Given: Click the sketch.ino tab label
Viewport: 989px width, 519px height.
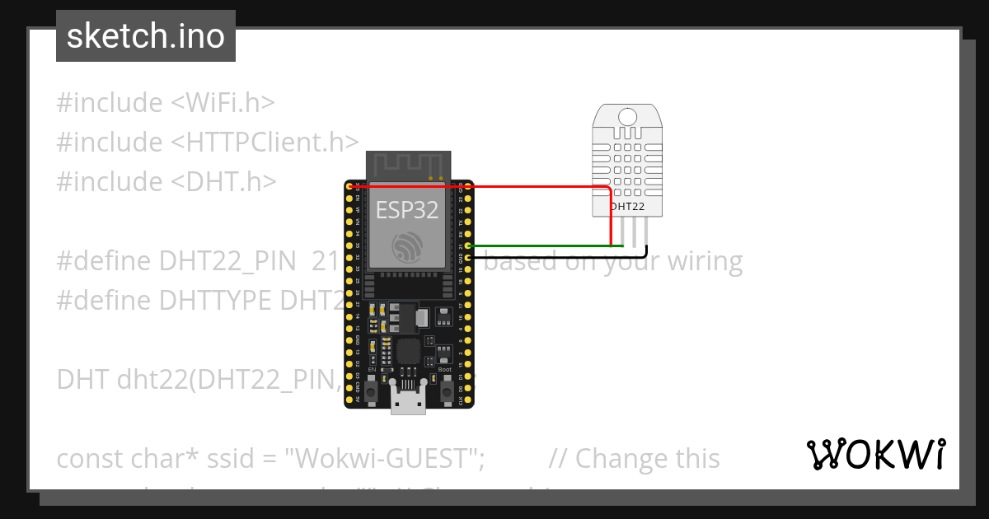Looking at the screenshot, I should coord(146,36).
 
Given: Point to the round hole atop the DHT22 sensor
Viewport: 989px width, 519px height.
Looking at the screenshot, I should coord(626,115).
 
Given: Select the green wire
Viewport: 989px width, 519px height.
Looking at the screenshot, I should coord(536,246).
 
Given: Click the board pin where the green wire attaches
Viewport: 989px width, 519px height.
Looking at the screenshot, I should coord(469,246).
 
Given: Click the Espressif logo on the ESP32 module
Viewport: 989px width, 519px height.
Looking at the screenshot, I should coord(408,247).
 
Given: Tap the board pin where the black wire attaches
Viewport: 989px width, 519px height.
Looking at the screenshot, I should coord(469,258).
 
